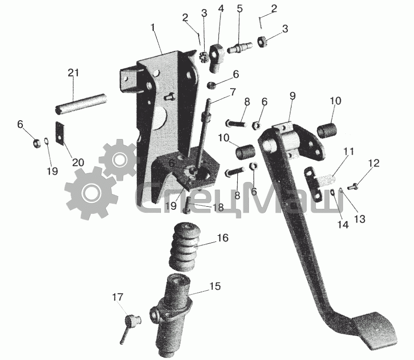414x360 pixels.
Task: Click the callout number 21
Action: coord(73,73)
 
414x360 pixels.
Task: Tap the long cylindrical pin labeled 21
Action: coord(82,104)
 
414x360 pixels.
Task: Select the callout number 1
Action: coord(152,27)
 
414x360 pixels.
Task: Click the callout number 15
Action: coord(215,286)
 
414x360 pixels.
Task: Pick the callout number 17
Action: coord(118,297)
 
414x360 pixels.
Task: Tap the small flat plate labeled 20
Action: coord(61,133)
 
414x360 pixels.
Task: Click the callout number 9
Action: coord(292,96)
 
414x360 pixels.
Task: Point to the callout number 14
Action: coord(343,225)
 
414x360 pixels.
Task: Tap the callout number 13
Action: coord(360,219)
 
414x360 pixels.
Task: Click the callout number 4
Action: coord(221,9)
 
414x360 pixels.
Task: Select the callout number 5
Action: coord(239,9)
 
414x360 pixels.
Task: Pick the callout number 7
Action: coord(232,92)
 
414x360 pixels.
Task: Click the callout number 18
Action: coord(218,207)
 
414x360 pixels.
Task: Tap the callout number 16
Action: coord(223,238)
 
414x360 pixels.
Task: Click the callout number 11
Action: coord(348,152)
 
